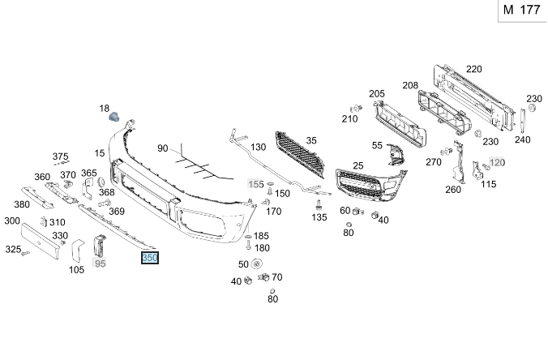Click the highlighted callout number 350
point(150,259)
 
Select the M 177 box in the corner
point(520,10)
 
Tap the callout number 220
point(473,69)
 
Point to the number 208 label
point(410,85)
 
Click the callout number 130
point(258,148)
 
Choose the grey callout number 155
point(256,184)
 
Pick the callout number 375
point(61,156)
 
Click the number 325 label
point(13,250)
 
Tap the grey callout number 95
point(100,263)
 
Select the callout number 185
point(261,236)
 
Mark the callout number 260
point(452,190)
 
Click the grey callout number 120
point(496,162)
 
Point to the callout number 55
point(377,145)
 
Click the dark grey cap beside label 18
point(115,117)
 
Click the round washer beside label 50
point(258,264)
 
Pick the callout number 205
point(377,94)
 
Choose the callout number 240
point(522,139)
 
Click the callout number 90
point(162,148)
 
